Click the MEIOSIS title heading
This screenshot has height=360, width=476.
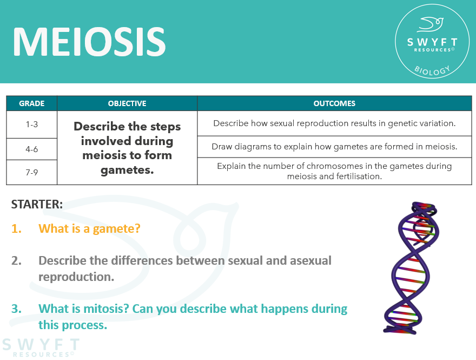coord(89,42)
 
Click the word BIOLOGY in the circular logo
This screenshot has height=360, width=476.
coord(432,69)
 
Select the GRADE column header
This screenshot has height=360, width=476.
coord(31,103)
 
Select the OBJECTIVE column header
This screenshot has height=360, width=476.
coord(127,103)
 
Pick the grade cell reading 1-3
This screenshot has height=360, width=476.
coord(31,124)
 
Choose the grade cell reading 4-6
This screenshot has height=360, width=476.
coord(31,149)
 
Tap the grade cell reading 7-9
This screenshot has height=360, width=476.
coord(31,172)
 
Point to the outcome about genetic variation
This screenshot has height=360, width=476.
coord(334,123)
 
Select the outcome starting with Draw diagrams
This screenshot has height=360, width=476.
coord(334,147)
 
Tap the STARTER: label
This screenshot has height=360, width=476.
coord(37,204)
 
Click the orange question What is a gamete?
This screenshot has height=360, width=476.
coord(89,228)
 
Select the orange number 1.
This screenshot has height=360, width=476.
coord(16,228)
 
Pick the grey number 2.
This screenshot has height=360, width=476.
coord(16,260)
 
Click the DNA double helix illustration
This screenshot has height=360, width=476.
coord(411,268)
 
